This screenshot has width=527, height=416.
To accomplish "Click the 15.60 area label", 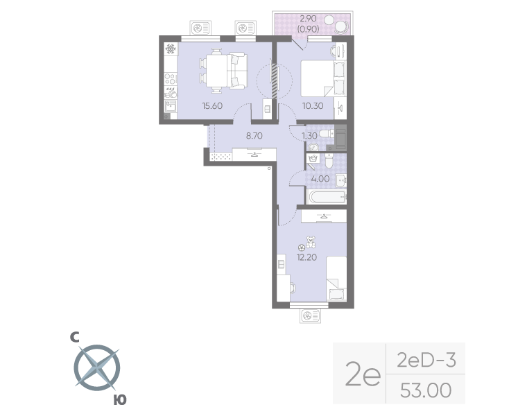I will (212, 106).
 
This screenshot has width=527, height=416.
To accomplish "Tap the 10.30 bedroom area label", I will (313, 106).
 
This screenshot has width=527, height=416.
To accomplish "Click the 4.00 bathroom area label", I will (320, 179).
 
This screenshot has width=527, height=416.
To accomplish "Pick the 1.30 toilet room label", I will (309, 137).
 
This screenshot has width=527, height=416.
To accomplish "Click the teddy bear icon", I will (311, 242).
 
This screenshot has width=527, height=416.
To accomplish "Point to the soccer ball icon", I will (301, 247).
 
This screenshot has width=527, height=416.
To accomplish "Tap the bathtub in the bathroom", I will (326, 197).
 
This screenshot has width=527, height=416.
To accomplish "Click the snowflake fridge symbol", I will (171, 49).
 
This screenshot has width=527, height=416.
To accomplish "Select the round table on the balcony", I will (342, 27).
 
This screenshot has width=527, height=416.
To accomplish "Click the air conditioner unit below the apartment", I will (309, 316).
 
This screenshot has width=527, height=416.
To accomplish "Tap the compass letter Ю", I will (119, 399).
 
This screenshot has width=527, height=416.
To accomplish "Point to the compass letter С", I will (74, 338).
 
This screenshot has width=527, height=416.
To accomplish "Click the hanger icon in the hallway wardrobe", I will (254, 155).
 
